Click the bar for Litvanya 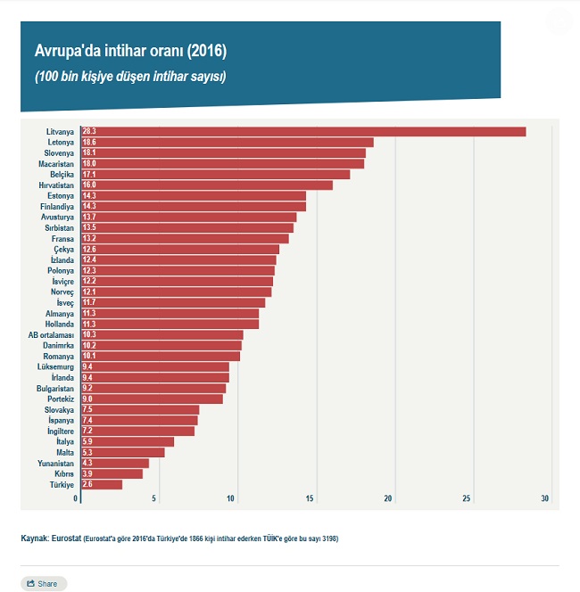303,132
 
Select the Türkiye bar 102,484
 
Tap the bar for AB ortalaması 162,335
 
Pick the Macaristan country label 55,164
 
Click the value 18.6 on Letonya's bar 89,143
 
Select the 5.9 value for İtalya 87,441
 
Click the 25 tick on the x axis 466,498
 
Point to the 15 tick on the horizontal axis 311,498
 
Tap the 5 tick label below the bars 155,498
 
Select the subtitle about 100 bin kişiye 130,77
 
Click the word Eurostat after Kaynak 67,539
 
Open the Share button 43,584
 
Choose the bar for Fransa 185,239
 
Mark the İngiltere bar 137,431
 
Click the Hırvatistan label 54,185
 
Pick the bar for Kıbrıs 112,473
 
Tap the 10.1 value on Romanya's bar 89,357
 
